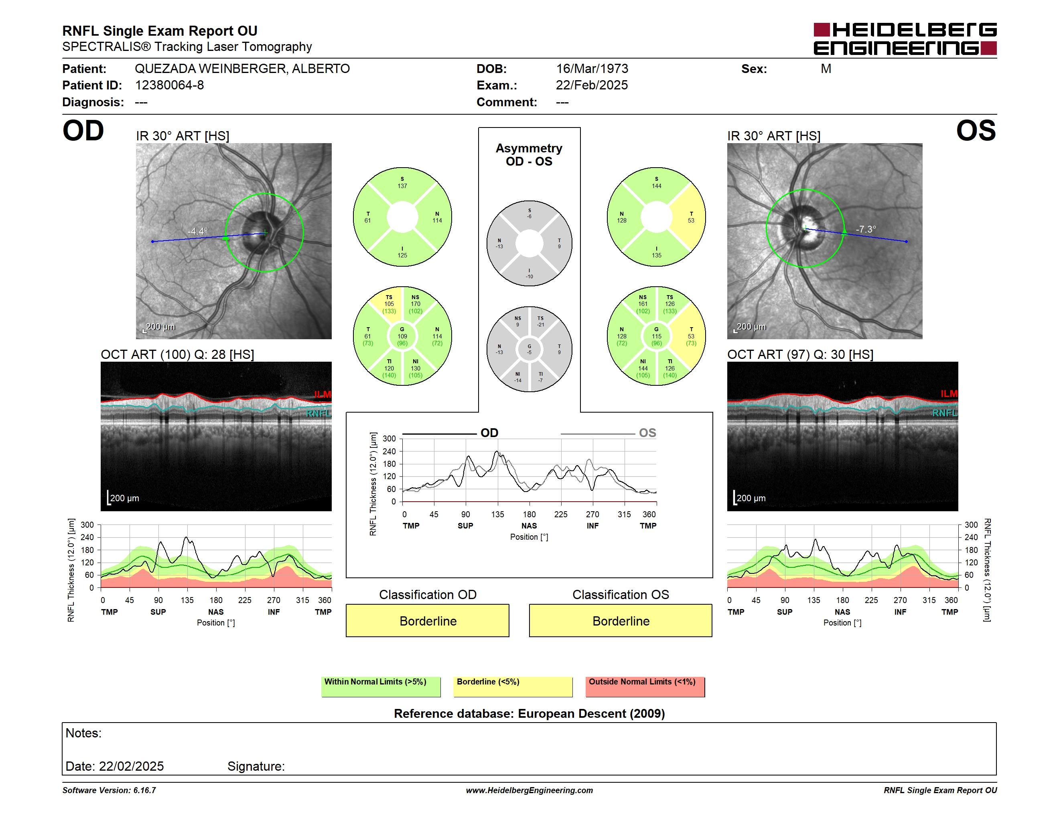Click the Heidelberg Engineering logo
point(905,39)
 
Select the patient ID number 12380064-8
point(169,85)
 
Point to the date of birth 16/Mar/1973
point(592,69)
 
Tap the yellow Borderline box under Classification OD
point(428,620)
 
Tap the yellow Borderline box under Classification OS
point(621,620)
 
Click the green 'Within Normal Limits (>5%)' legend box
point(381,686)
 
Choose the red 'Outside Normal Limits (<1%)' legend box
point(645,686)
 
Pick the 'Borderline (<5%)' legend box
point(513,686)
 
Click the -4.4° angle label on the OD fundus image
point(198,231)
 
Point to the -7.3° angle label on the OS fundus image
point(866,229)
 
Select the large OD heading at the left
point(83,131)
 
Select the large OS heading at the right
point(976,131)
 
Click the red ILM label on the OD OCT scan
point(323,395)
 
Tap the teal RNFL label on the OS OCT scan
point(945,413)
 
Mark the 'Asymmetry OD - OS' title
point(529,155)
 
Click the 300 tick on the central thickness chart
point(390,439)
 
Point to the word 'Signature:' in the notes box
point(256,766)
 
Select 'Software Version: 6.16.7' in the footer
point(109,790)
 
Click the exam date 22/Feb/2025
point(592,85)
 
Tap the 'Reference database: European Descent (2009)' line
point(529,713)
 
